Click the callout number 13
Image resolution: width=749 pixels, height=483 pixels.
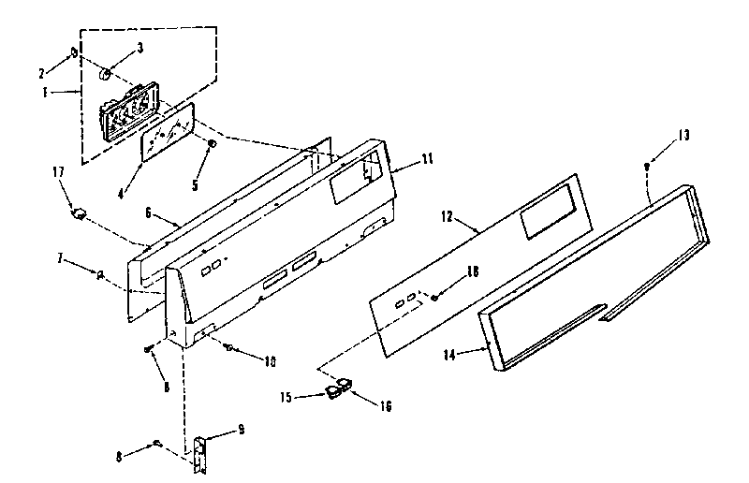click(683, 136)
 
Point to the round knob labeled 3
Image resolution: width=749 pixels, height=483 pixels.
click(107, 72)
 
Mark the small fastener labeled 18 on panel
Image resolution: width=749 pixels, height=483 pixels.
click(436, 297)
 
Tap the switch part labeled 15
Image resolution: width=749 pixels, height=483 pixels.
click(330, 390)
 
